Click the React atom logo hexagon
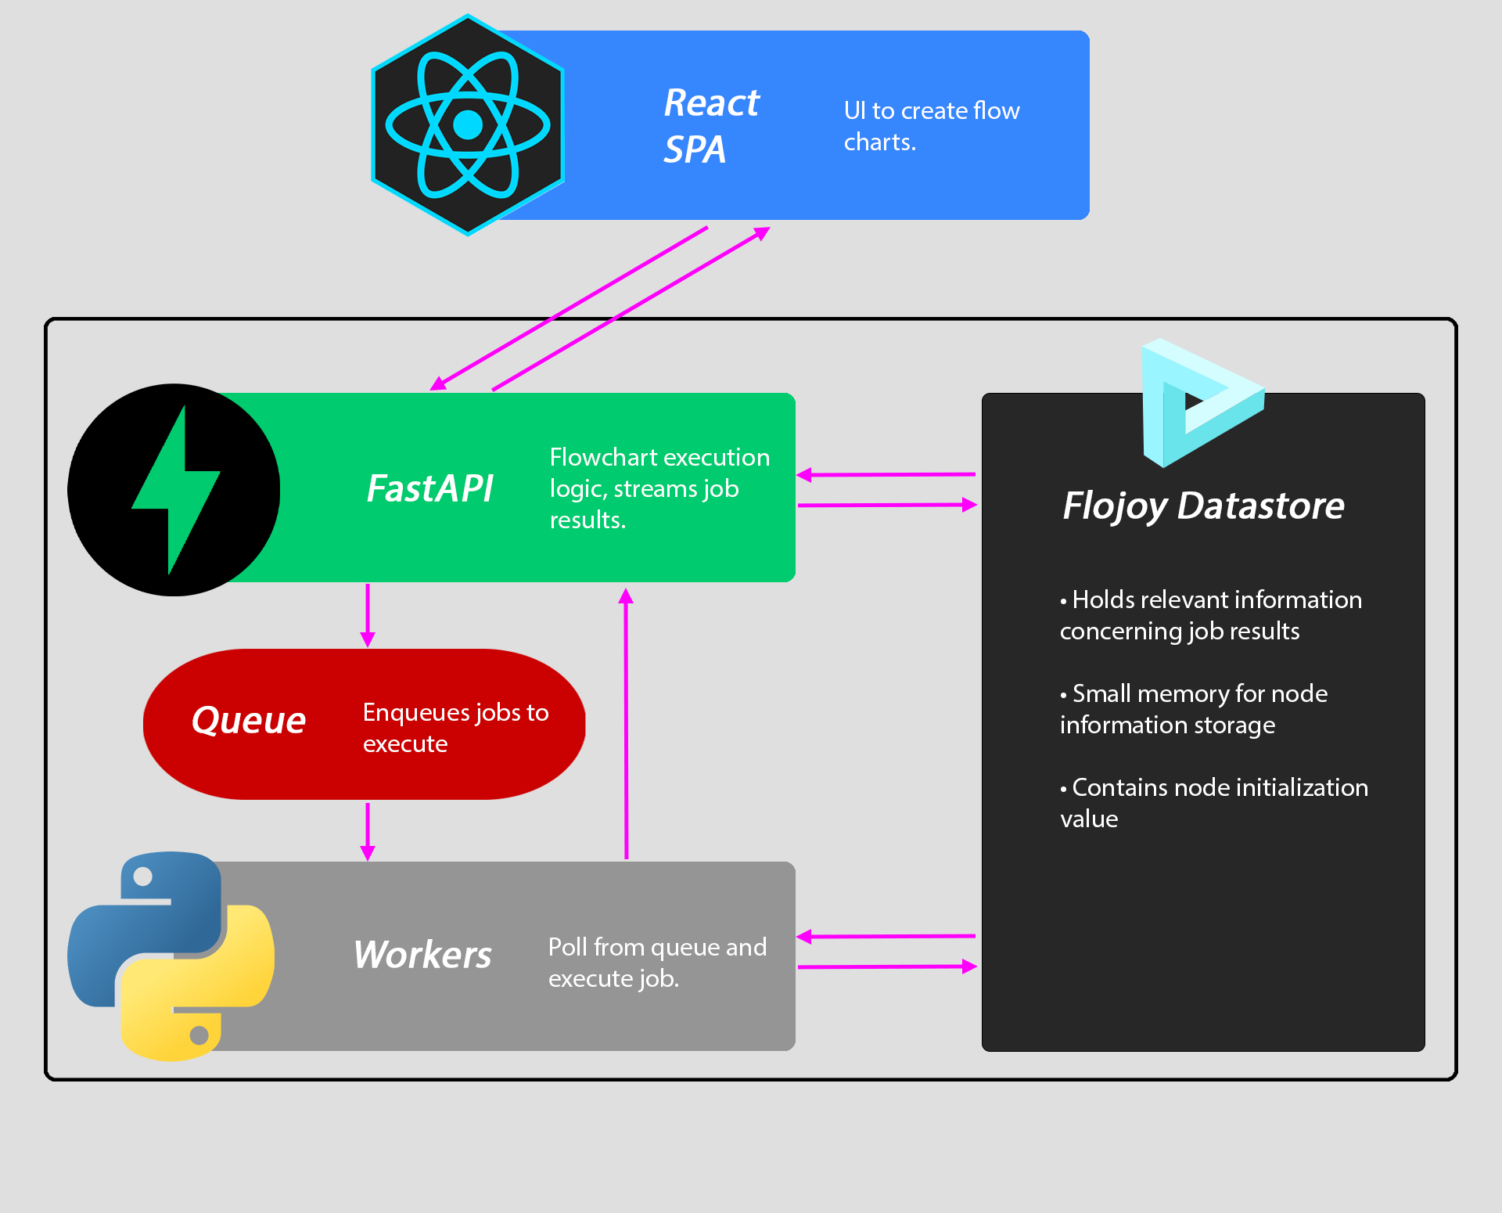click(468, 125)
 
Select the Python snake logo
click(171, 956)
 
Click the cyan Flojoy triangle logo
click(1197, 403)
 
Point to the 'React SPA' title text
click(710, 126)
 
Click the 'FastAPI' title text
click(429, 489)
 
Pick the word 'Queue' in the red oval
click(249, 721)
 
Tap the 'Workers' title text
click(422, 956)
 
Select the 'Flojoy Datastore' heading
click(1203, 506)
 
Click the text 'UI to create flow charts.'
click(931, 126)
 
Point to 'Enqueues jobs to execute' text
click(455, 728)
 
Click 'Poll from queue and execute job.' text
click(657, 963)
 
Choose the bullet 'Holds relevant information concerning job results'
click(1210, 615)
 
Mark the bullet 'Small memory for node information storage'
click(1193, 709)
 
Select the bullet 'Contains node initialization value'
click(1213, 803)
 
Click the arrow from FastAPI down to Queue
click(368, 615)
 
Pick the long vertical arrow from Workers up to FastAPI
click(626, 724)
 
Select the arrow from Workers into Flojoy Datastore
click(887, 967)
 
